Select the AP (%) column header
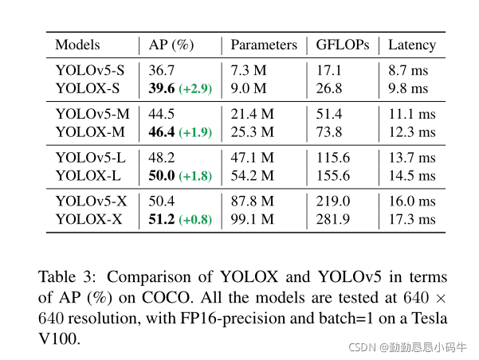171,45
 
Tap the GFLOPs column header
342,45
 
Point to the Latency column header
411,45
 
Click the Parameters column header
264,45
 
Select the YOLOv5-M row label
90,114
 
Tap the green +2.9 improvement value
195,88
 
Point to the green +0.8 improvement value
195,220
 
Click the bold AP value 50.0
163,175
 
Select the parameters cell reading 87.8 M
252,202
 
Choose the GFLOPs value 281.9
332,219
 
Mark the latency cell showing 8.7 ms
408,70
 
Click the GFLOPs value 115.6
332,158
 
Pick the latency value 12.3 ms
411,131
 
